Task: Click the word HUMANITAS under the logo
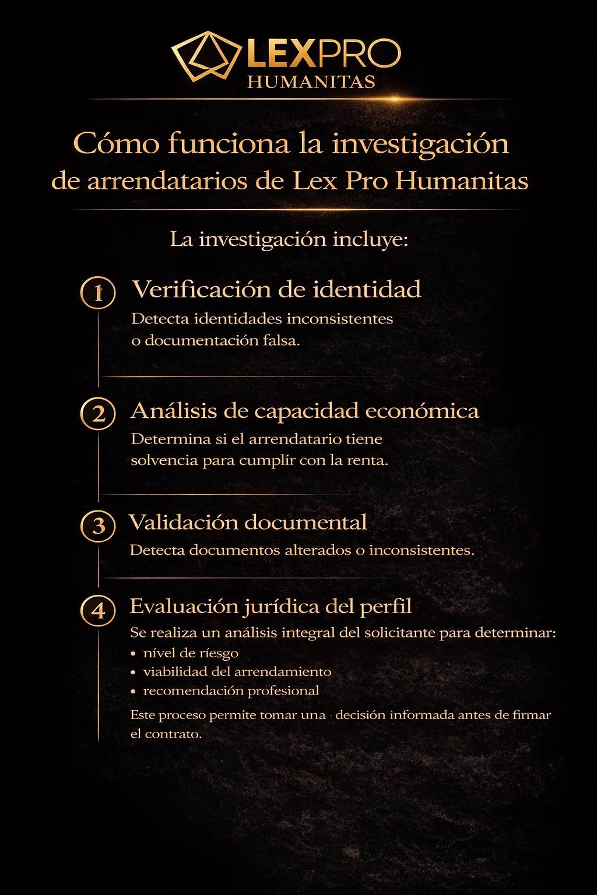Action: [x=311, y=82]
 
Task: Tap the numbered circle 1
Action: [x=98, y=292]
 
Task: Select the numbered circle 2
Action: [x=98, y=413]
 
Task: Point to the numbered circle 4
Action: [x=98, y=610]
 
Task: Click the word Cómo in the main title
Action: [x=116, y=143]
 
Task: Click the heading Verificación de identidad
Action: [x=276, y=290]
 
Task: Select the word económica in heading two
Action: [x=422, y=411]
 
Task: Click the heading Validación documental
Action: [x=248, y=522]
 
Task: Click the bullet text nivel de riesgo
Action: [x=191, y=653]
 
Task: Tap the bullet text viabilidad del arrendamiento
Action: [x=237, y=672]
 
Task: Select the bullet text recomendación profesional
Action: [x=231, y=691]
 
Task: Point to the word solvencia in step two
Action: [x=164, y=460]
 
